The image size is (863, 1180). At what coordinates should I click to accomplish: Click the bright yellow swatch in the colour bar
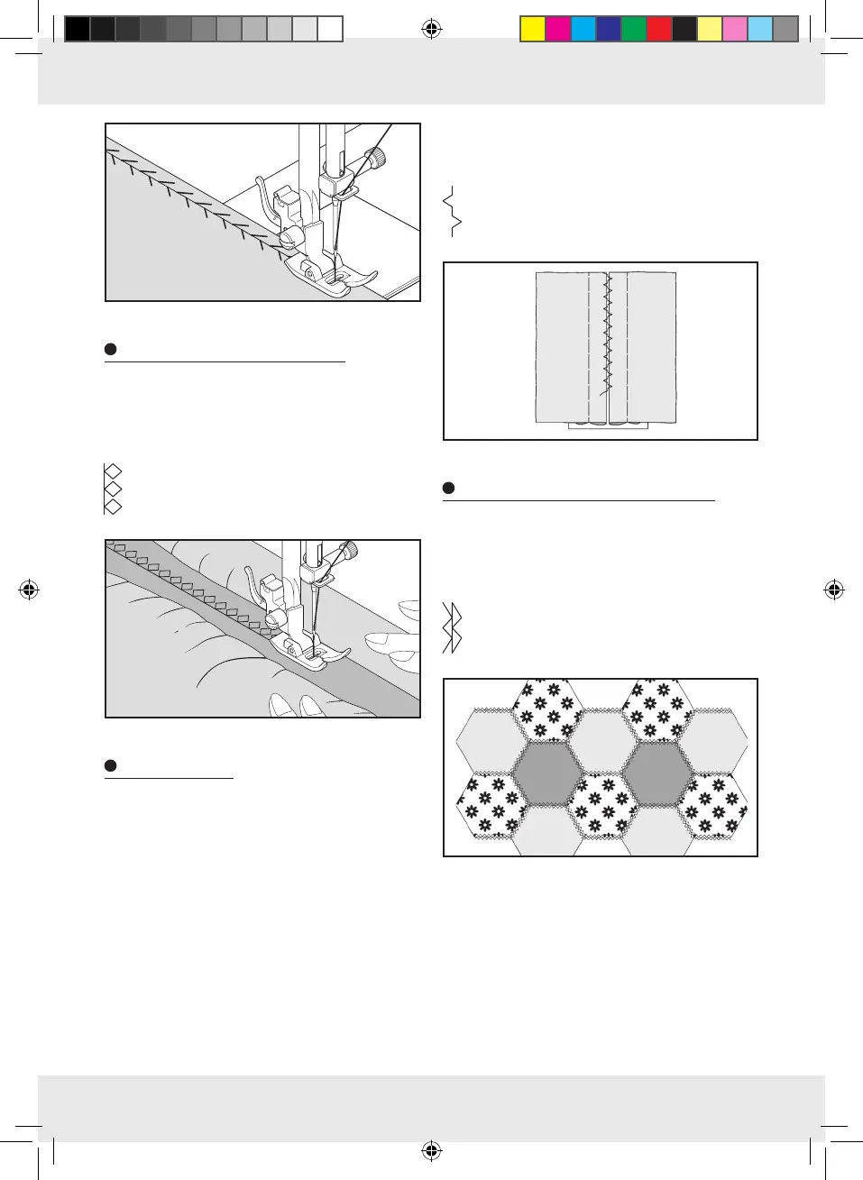pyautogui.click(x=533, y=30)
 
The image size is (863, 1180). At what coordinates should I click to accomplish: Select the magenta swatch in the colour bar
pyautogui.click(x=558, y=30)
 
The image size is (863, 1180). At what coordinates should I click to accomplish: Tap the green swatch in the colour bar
pyautogui.click(x=634, y=30)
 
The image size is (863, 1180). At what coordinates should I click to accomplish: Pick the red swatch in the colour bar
pyautogui.click(x=659, y=30)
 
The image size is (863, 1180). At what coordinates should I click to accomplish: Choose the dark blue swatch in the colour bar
pyautogui.click(x=609, y=30)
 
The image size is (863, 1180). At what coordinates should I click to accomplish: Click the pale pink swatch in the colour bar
pyautogui.click(x=735, y=30)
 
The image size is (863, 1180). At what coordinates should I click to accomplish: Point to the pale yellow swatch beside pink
pyautogui.click(x=710, y=30)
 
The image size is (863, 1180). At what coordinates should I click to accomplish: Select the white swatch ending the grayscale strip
pyautogui.click(x=330, y=30)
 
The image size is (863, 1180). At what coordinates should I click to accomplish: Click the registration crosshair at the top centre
pyautogui.click(x=432, y=30)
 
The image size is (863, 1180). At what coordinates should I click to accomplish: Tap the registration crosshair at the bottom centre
pyautogui.click(x=432, y=1150)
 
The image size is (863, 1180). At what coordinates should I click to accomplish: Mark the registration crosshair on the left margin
pyautogui.click(x=29, y=590)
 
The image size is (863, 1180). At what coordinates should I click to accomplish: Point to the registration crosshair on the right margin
pyautogui.click(x=834, y=590)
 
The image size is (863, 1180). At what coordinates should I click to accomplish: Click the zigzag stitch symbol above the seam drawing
pyautogui.click(x=453, y=212)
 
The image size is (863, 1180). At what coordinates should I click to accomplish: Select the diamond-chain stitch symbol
pyautogui.click(x=113, y=489)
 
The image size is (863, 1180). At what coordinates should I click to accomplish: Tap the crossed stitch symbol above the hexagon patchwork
pyautogui.click(x=453, y=627)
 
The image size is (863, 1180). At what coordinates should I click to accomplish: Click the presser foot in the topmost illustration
pyautogui.click(x=330, y=274)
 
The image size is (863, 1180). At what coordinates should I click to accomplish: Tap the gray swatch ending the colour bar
pyautogui.click(x=785, y=30)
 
